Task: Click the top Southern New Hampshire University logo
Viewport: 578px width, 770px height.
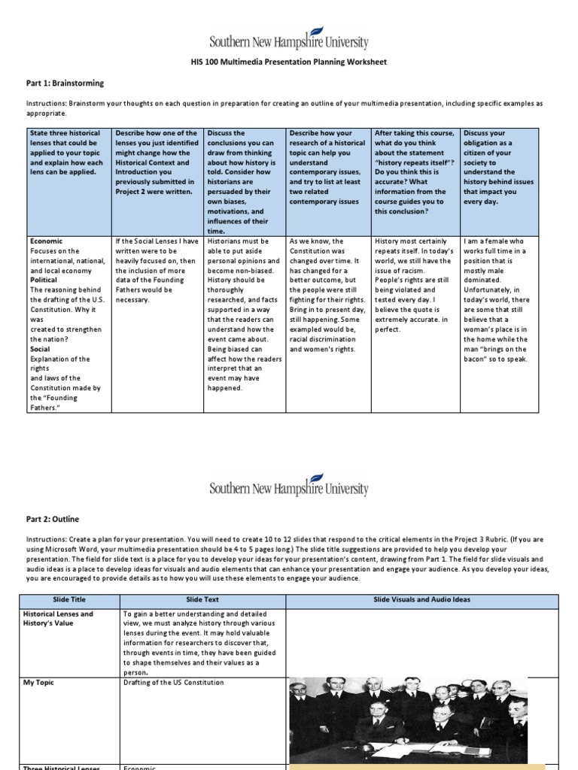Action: click(x=288, y=39)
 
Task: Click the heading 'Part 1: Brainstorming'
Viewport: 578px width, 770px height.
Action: click(x=65, y=83)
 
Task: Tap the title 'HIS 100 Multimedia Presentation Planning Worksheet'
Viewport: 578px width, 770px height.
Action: click(x=289, y=62)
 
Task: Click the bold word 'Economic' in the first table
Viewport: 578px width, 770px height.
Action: click(x=46, y=241)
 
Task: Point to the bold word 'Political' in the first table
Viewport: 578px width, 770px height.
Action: click(x=44, y=278)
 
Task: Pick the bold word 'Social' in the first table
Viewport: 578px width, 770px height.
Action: click(x=40, y=349)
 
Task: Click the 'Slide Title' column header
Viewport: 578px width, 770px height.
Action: click(x=70, y=601)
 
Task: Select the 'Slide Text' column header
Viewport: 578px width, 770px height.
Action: click(x=202, y=601)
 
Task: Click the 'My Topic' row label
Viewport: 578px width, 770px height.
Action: click(x=39, y=682)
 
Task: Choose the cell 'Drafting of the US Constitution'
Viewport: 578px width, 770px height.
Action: click(x=174, y=682)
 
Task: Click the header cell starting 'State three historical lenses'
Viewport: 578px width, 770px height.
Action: click(x=66, y=151)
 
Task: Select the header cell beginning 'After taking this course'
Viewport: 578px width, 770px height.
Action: click(x=415, y=172)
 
